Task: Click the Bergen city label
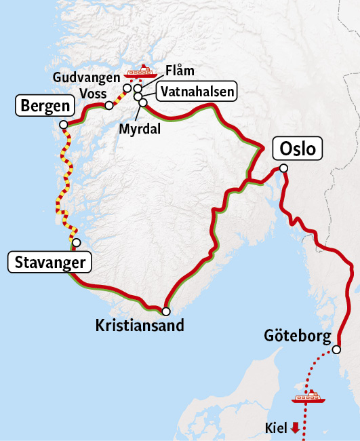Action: click(x=44, y=105)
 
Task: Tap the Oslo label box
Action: click(x=297, y=149)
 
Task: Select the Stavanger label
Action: click(x=48, y=263)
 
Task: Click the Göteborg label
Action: click(x=298, y=336)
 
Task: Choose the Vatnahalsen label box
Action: click(x=196, y=92)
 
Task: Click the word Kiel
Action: click(x=276, y=427)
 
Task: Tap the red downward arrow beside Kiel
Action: click(x=294, y=427)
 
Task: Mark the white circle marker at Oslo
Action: click(x=283, y=168)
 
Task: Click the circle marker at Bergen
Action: click(x=63, y=124)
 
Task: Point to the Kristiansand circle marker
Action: click(x=165, y=311)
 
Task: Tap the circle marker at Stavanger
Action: click(x=76, y=242)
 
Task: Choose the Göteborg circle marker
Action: click(x=336, y=351)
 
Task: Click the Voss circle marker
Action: click(x=108, y=105)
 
